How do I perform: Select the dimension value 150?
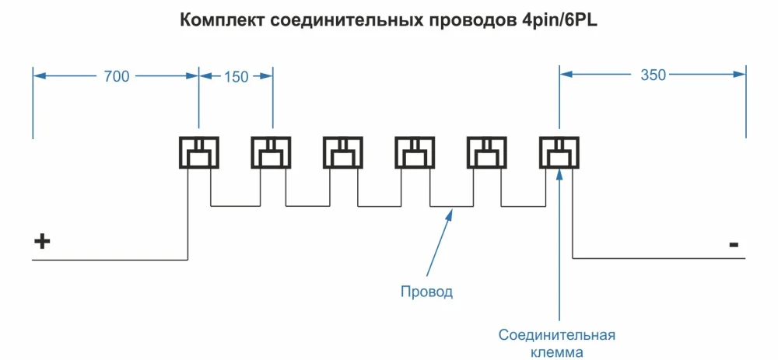tap(236, 76)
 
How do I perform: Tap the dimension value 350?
tap(653, 75)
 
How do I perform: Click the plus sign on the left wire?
tap(42, 241)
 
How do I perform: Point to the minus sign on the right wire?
tap(734, 244)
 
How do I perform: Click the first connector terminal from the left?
tap(199, 152)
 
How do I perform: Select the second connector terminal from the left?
tap(272, 152)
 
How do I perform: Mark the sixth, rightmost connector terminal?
tap(559, 152)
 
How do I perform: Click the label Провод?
tap(426, 292)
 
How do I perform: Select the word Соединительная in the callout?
tap(557, 335)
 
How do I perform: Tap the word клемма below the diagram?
tap(557, 352)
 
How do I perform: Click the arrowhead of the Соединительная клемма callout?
tap(559, 170)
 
